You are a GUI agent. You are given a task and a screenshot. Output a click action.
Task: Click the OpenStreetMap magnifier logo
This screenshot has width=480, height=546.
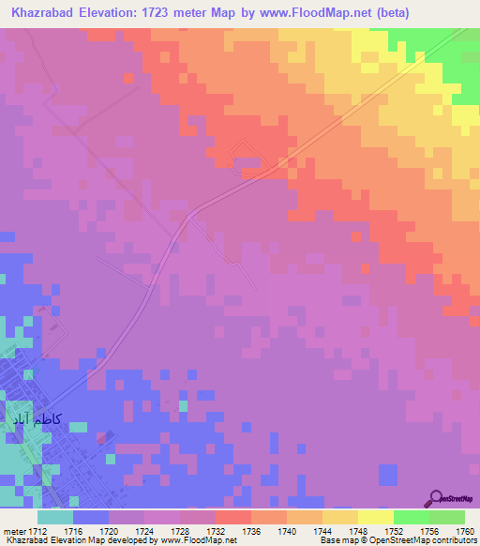(x=435, y=498)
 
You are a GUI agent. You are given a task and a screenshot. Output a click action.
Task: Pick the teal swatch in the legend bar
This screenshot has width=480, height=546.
(x=55, y=517)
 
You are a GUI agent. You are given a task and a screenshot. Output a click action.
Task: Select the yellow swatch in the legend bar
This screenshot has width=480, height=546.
(x=375, y=517)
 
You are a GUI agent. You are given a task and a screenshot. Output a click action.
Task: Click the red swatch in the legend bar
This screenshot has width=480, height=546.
(x=232, y=517)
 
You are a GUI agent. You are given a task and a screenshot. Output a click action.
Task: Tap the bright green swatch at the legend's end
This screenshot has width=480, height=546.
(x=446, y=517)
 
